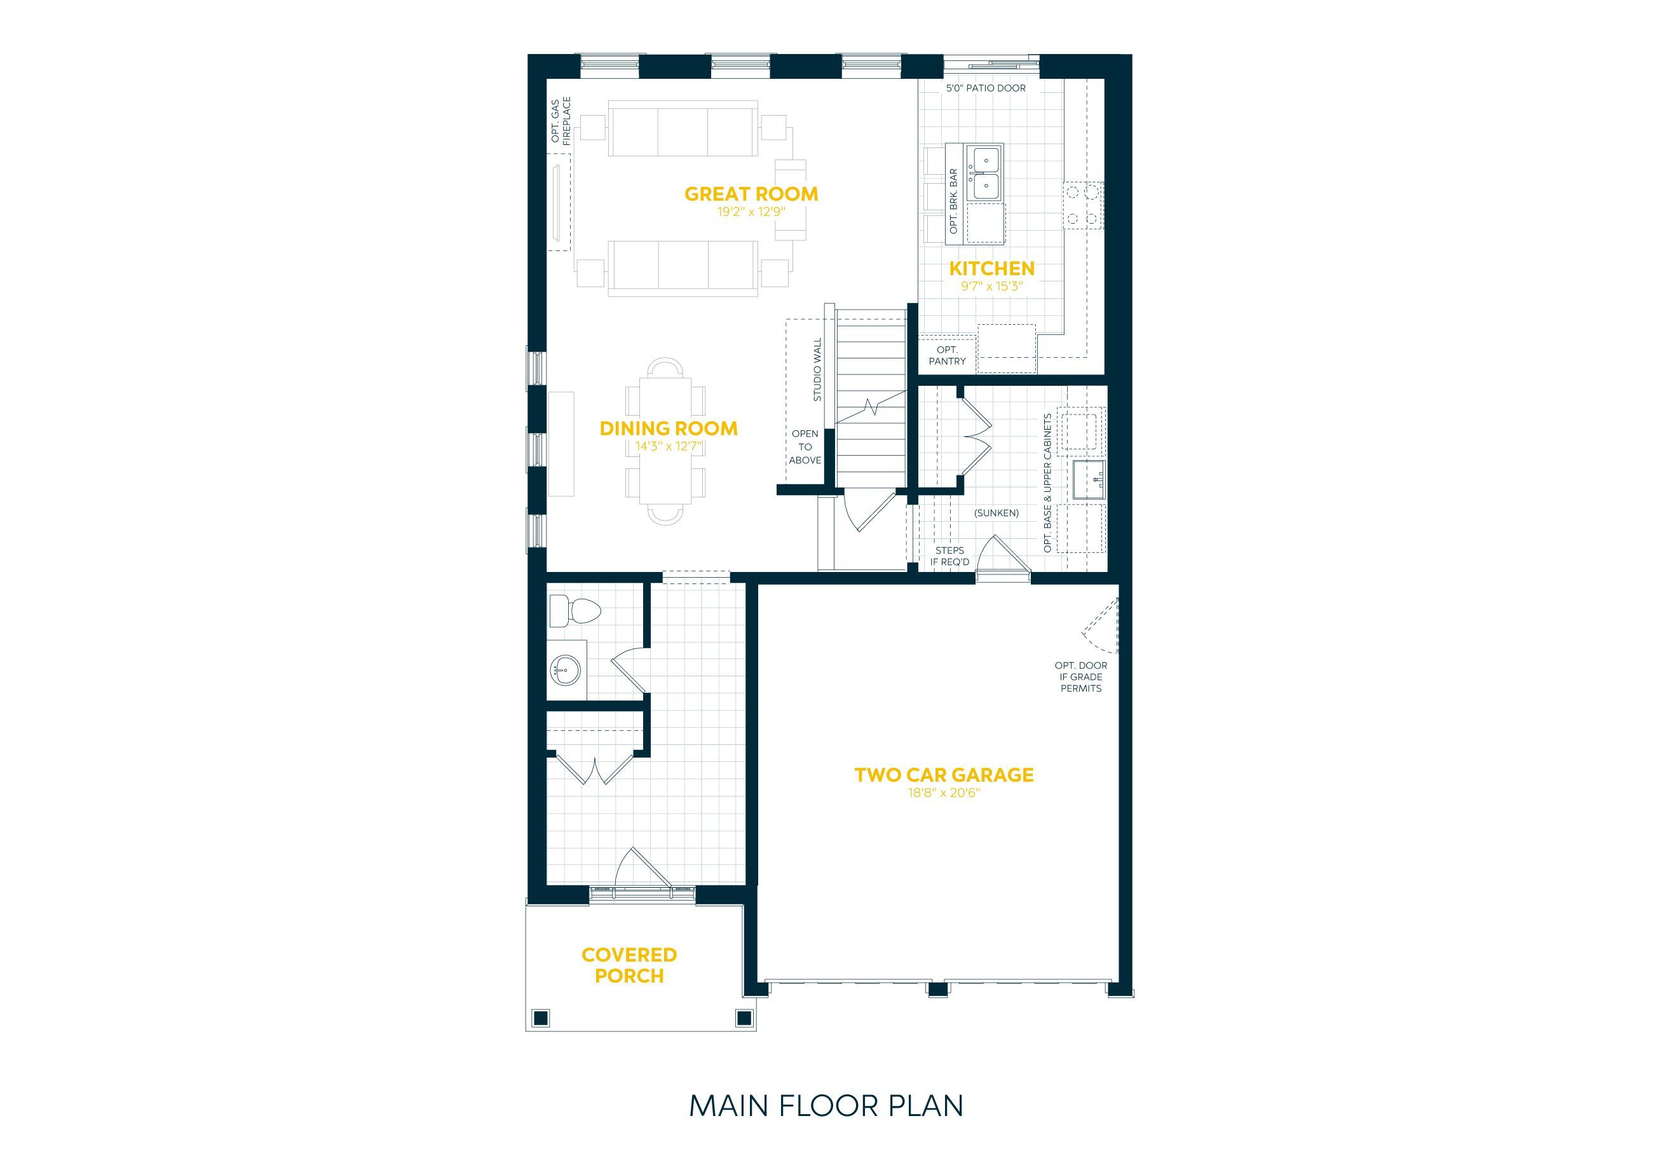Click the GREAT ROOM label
(x=751, y=194)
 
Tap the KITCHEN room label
(x=991, y=268)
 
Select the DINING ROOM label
(x=669, y=428)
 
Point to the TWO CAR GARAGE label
(x=944, y=775)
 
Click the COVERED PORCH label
(x=629, y=965)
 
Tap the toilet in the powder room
(x=575, y=612)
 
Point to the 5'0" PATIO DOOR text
(x=986, y=88)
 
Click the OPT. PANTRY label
(x=947, y=355)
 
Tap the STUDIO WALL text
(x=817, y=370)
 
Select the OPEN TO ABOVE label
(x=805, y=447)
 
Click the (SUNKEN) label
(x=997, y=514)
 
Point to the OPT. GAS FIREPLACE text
(x=561, y=121)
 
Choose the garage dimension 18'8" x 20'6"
(x=944, y=793)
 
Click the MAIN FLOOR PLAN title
(x=826, y=1105)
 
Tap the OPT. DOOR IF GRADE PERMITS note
(x=1080, y=677)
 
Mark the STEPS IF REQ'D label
(x=949, y=556)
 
